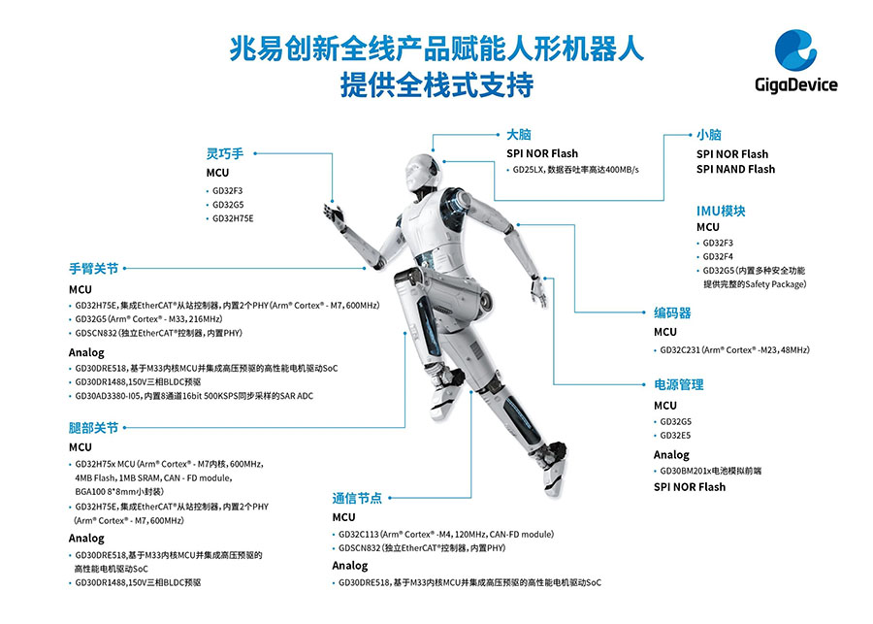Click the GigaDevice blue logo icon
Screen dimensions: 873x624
(795, 50)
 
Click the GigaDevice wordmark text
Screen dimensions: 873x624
(796, 84)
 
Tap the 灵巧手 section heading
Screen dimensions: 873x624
(225, 153)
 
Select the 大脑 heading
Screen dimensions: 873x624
(518, 134)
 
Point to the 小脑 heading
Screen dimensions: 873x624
(709, 135)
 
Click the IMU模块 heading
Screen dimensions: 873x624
(721, 211)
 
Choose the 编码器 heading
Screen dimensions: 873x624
(672, 312)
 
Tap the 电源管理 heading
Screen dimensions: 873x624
(679, 384)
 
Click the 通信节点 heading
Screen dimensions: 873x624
(357, 498)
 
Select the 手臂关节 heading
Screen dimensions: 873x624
(93, 269)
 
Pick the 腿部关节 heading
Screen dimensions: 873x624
(93, 428)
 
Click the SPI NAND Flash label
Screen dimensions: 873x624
(735, 170)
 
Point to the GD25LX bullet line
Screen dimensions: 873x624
(575, 170)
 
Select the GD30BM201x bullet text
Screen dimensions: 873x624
(710, 471)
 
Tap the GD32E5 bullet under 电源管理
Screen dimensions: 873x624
(675, 436)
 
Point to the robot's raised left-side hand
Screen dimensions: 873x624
(334, 215)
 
